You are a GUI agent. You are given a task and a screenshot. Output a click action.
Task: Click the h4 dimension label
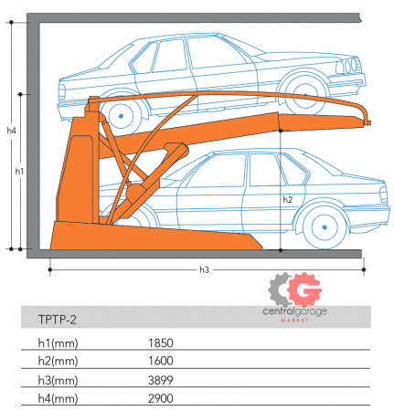tap(11, 131)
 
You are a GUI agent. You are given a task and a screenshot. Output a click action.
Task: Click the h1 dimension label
tap(19, 172)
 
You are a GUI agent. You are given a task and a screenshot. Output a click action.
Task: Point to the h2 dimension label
tap(288, 199)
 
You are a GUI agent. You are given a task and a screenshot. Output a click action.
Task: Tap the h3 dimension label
tap(204, 269)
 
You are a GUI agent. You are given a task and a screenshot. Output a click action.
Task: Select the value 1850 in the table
tap(161, 343)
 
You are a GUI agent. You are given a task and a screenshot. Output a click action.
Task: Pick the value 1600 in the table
tap(161, 361)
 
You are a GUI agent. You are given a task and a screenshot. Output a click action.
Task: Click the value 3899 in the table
tap(161, 380)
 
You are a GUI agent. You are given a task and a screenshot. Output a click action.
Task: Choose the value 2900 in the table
tap(161, 398)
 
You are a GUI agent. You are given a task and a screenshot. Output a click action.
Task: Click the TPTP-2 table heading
tap(57, 320)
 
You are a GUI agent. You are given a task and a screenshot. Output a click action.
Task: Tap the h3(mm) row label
tap(58, 381)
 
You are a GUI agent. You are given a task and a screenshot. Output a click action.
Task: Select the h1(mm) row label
tap(58, 343)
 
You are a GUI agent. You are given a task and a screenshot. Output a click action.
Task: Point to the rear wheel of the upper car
tap(121, 116)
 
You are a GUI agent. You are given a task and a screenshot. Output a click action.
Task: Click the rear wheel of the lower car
tap(325, 227)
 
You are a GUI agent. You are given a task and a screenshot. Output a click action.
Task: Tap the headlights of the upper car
tap(351, 66)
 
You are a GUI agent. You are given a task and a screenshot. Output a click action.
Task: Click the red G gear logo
tap(304, 290)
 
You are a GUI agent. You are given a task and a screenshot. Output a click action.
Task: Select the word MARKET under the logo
tap(294, 321)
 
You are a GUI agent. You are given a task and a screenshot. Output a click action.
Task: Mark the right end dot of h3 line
tap(364, 269)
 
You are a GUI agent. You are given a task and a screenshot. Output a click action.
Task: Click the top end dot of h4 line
tap(11, 22)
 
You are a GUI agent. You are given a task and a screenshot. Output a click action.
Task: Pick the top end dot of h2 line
tap(281, 131)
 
